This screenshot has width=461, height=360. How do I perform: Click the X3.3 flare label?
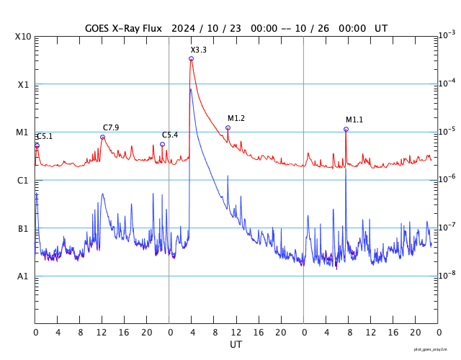198,50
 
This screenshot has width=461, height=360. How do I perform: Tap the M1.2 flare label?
236,118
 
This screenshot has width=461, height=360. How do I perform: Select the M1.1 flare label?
354,120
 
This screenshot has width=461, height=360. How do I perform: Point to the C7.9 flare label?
111,127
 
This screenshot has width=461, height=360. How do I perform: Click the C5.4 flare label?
170,135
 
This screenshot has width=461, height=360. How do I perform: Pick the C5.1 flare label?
45,136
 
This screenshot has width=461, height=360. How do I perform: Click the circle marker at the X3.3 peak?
191,58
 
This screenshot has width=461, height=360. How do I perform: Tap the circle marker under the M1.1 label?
346,129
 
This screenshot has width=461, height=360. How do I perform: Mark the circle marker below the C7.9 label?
102,137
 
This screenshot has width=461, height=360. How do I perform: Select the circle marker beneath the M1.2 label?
228,127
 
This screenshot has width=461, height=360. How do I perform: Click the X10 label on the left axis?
22,37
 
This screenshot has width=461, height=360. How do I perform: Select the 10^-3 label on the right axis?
447,35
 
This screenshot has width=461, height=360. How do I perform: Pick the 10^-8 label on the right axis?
447,274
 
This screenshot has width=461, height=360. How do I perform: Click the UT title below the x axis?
236,344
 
